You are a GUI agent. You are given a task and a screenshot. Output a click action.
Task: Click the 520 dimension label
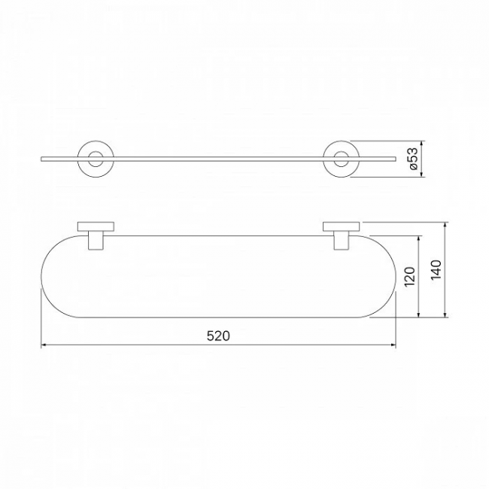pyautogui.click(x=218, y=336)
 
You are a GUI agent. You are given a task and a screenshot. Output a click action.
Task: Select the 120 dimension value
pyautogui.click(x=410, y=277)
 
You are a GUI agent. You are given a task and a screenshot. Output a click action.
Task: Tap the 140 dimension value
pyautogui.click(x=436, y=270)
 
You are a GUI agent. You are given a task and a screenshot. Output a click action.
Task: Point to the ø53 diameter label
pyautogui.click(x=412, y=159)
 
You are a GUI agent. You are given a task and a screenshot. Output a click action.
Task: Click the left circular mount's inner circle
pyautogui.click(x=96, y=152)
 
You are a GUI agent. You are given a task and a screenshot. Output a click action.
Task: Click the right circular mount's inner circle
pyautogui.click(x=342, y=152)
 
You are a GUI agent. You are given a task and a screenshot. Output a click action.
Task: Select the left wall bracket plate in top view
pyautogui.click(x=96, y=226)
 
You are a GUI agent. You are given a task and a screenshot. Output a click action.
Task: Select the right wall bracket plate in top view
pyautogui.click(x=342, y=226)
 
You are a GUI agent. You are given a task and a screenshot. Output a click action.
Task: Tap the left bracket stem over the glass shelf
pyautogui.click(x=96, y=241)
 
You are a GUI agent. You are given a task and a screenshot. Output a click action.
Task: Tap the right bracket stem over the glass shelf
pyautogui.click(x=342, y=241)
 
